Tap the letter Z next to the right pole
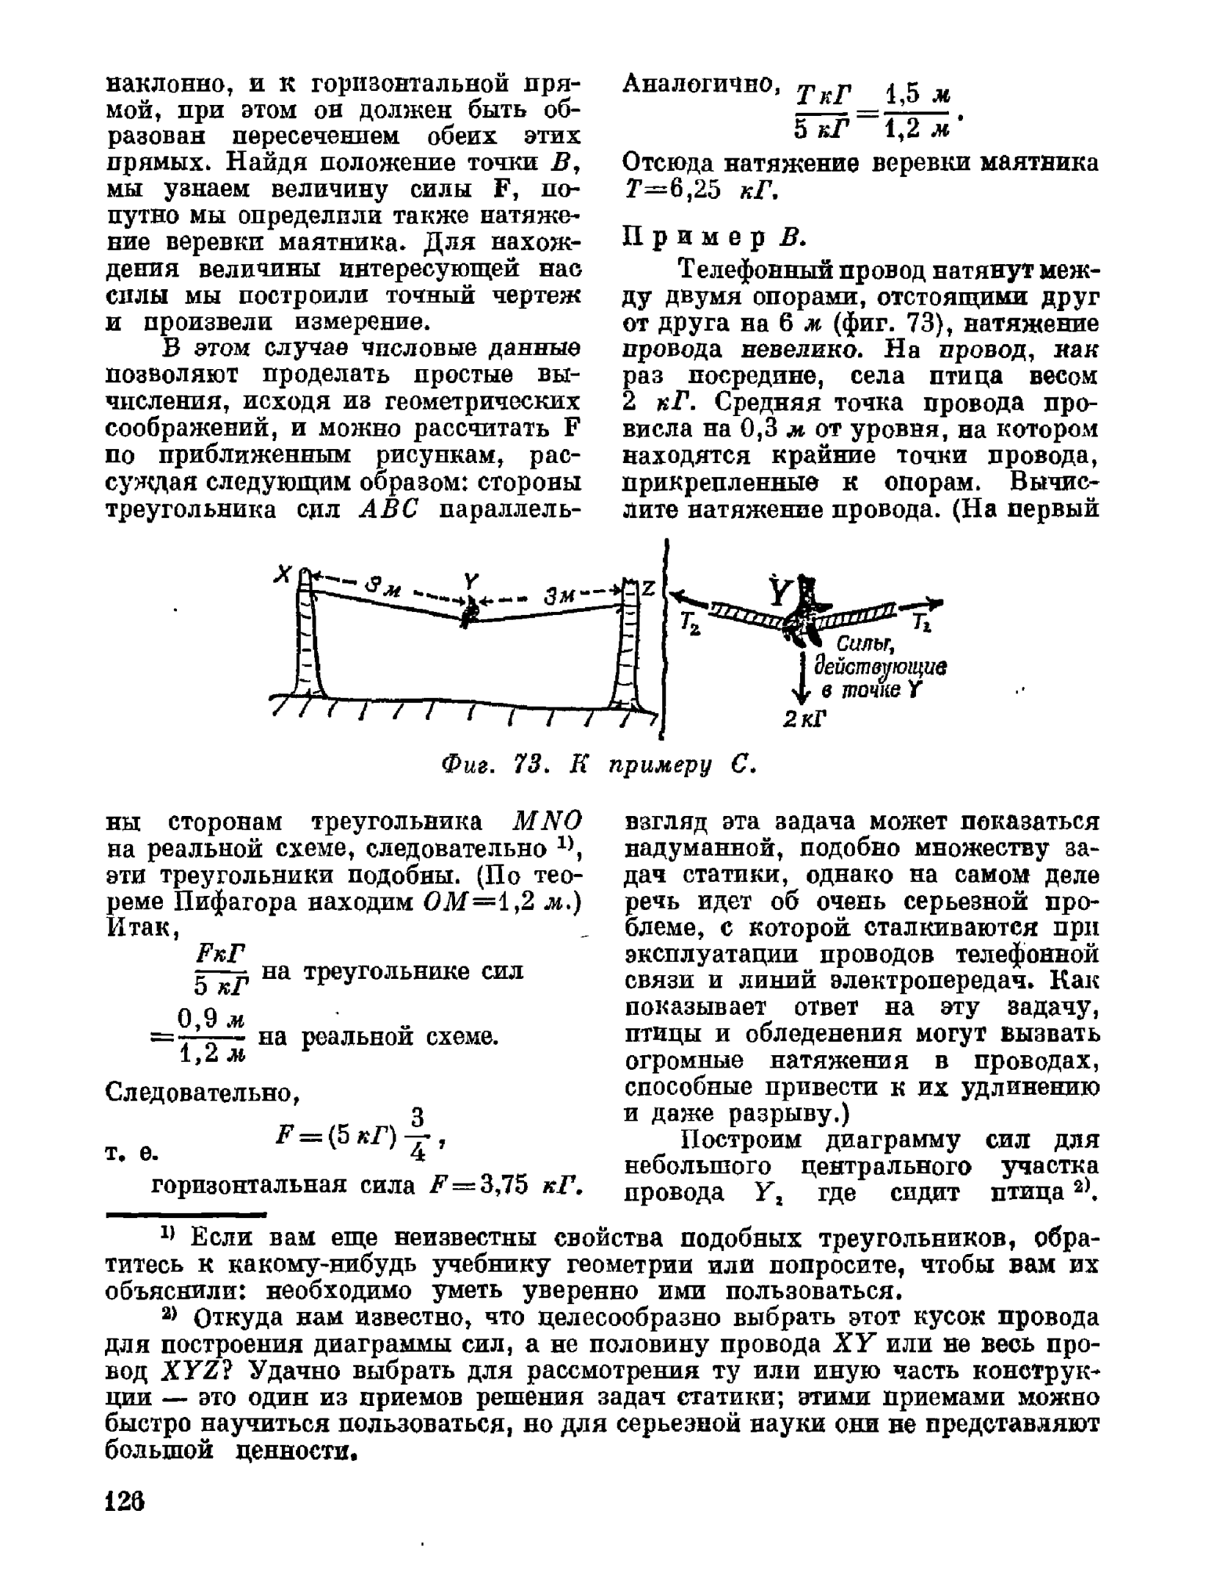pos(648,589)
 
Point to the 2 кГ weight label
pos(804,719)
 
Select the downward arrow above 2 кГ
pos(805,679)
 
